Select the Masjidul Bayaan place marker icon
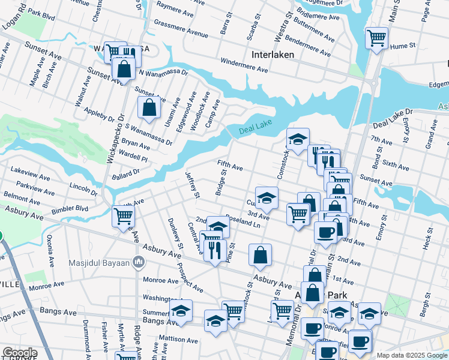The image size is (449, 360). pos(139,262)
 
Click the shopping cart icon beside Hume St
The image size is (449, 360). pos(376,38)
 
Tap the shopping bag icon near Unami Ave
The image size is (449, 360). pos(149,108)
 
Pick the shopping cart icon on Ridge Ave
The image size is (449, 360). pos(123,215)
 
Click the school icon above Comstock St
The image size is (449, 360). pos(297,139)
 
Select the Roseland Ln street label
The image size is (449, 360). pos(243,221)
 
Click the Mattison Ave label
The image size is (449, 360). pos(178,340)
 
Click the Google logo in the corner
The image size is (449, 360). pos(20,353)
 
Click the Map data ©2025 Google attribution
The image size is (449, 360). pos(411,355)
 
